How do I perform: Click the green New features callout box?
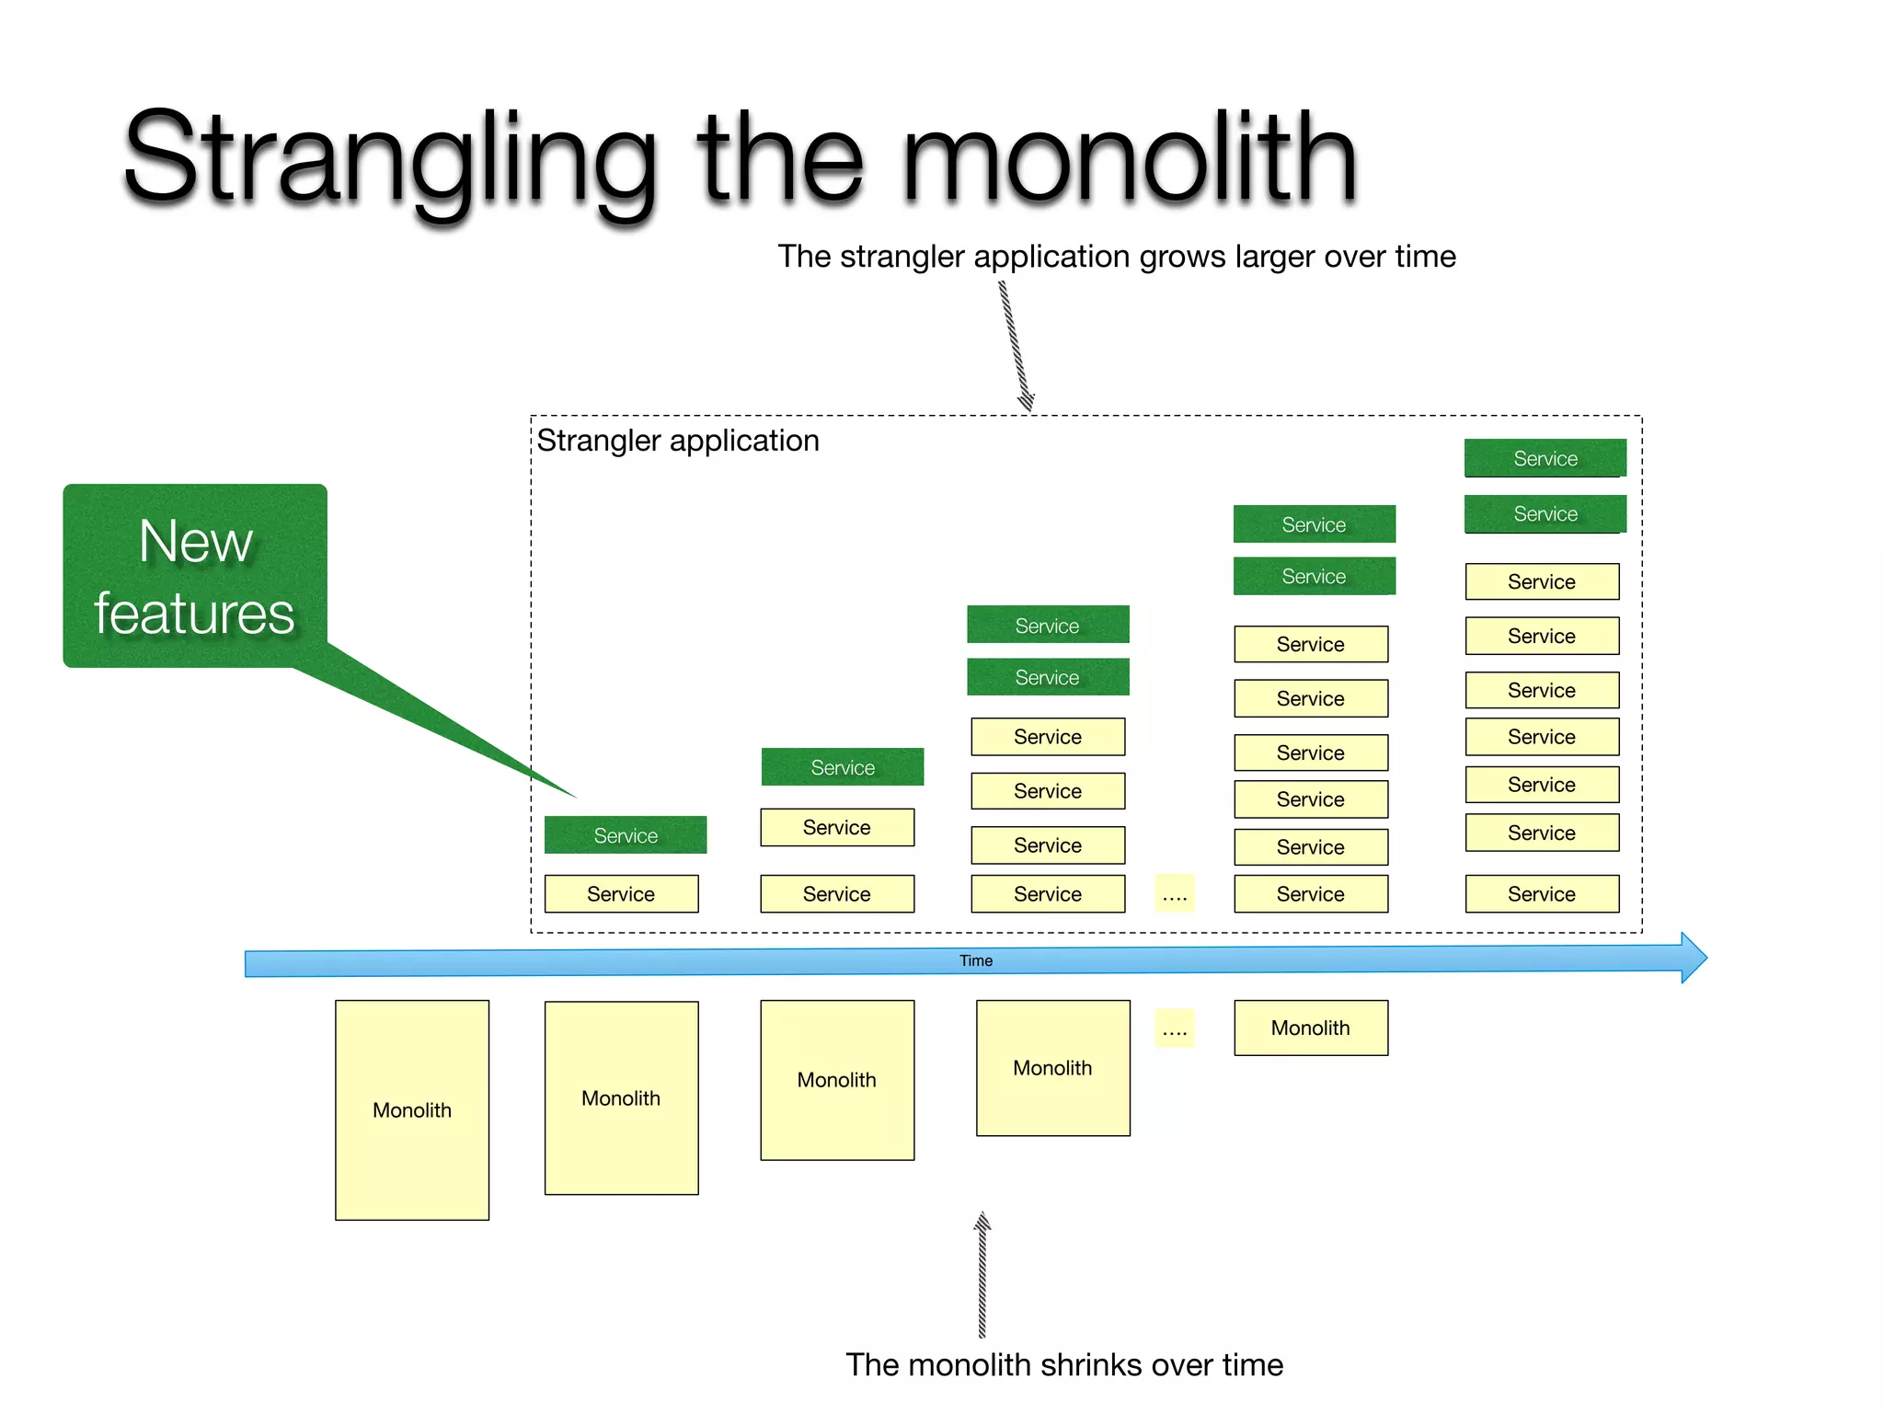click(195, 576)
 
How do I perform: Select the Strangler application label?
click(678, 441)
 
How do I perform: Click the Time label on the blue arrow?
click(976, 960)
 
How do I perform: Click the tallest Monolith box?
click(412, 1110)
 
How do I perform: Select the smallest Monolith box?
click(1311, 1028)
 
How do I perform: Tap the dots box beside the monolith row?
click(1175, 1028)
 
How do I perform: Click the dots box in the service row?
click(1175, 894)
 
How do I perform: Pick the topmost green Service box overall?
click(1545, 458)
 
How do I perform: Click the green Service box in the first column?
click(626, 835)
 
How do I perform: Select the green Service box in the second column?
click(843, 767)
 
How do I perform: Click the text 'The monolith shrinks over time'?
click(1064, 1365)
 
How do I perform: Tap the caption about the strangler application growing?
click(1117, 257)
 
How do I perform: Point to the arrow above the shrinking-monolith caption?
click(982, 1274)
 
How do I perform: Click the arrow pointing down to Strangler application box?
click(1016, 346)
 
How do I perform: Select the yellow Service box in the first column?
click(621, 894)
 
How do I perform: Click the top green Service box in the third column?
click(1048, 626)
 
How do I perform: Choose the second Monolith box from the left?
click(621, 1098)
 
